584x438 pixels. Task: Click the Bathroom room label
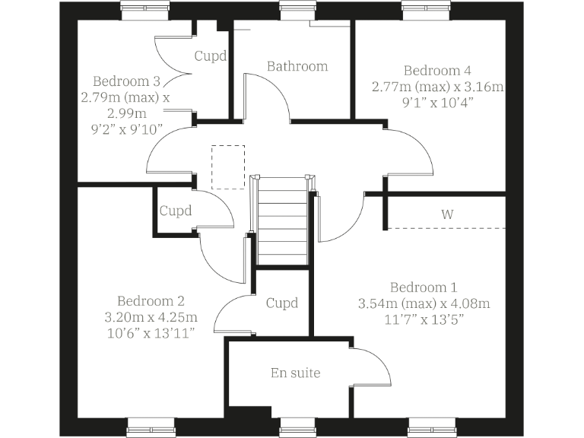[297, 66]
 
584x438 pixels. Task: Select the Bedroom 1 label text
[424, 287]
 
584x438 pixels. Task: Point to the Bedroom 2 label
[151, 300]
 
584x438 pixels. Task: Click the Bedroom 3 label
[126, 81]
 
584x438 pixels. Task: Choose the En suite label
[296, 373]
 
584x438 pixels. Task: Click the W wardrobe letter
[446, 214]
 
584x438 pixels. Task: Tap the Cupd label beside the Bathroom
[211, 56]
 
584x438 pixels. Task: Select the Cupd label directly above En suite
[282, 303]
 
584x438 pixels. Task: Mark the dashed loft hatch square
[228, 167]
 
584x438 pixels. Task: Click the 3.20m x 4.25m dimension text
[151, 316]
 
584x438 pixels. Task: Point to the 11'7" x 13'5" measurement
[424, 319]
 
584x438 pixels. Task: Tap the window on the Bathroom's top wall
[296, 9]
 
